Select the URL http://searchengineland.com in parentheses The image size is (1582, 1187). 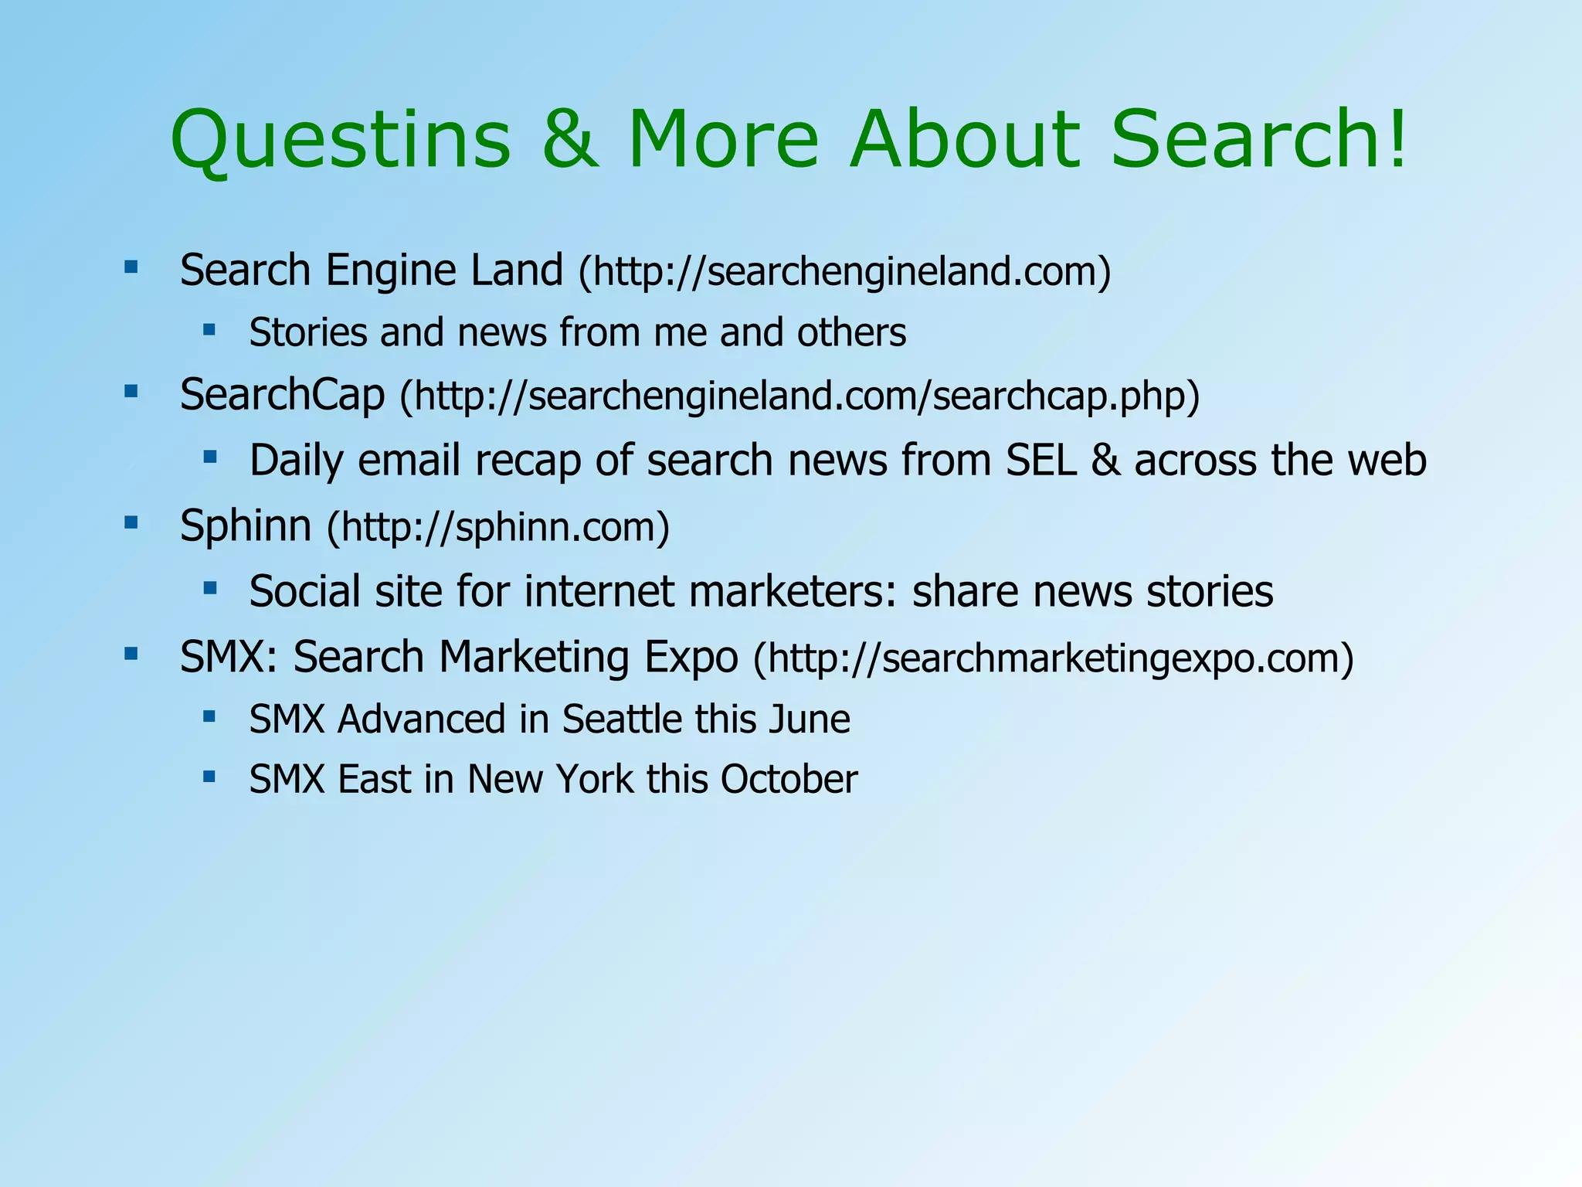pyautogui.click(x=844, y=272)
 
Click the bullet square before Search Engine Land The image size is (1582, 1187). pyautogui.click(x=131, y=268)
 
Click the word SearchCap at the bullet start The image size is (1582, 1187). pyautogui.click(x=282, y=395)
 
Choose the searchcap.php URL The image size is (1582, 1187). pyautogui.click(x=799, y=396)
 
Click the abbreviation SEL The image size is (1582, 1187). pyautogui.click(x=1041, y=460)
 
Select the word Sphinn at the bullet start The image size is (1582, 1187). pyautogui.click(x=246, y=526)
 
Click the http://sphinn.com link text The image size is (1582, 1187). pyautogui.click(x=498, y=528)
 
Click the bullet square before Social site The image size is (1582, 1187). pyautogui.click(x=209, y=589)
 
